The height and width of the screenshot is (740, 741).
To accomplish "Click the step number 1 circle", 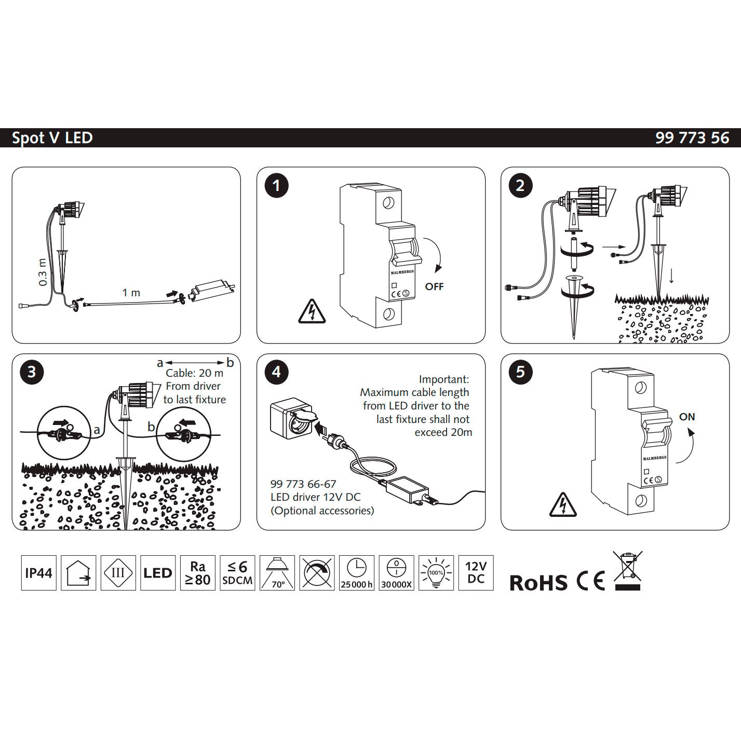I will [x=276, y=186].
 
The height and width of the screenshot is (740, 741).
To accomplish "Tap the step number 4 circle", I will [x=276, y=372].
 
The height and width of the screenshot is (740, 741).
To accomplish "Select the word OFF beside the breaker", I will [x=434, y=286].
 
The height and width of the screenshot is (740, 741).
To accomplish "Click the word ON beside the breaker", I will [x=687, y=417].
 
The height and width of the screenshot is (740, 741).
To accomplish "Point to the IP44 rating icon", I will [x=39, y=573].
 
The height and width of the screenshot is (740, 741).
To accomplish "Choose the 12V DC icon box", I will [x=476, y=573].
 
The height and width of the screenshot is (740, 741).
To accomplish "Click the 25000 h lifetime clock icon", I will [x=356, y=573].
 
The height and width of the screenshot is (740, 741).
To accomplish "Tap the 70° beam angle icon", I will [x=277, y=573].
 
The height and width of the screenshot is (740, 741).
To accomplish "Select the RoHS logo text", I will [x=538, y=583].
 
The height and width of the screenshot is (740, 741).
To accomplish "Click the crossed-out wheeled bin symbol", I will [x=627, y=570].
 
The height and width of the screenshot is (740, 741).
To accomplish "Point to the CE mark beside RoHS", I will [x=591, y=581].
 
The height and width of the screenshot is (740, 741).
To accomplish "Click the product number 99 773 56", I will [x=692, y=138].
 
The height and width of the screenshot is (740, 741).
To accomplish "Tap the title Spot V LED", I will [x=52, y=138].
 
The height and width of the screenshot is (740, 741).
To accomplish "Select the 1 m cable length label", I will [x=131, y=293].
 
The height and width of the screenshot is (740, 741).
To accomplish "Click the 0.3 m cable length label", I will [x=43, y=272].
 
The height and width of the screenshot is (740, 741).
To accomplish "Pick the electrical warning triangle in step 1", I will [x=312, y=311].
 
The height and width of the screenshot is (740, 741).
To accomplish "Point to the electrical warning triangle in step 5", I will [x=563, y=504].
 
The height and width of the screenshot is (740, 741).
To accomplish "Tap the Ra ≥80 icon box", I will [x=198, y=573].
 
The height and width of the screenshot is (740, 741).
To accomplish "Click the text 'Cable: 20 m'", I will [x=194, y=373].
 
